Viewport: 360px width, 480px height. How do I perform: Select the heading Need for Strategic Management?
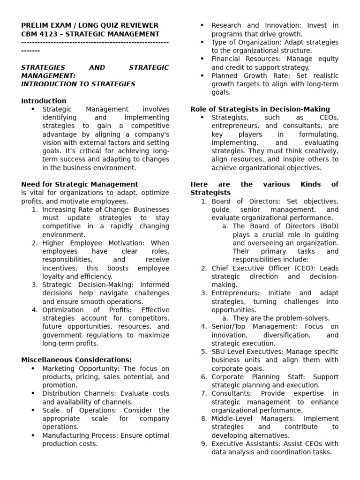coord(80,184)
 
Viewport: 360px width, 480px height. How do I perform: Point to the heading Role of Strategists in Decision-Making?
coord(260,109)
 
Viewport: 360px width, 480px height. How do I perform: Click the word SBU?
coord(219,352)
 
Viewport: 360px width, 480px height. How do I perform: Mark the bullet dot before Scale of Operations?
coord(32,411)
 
